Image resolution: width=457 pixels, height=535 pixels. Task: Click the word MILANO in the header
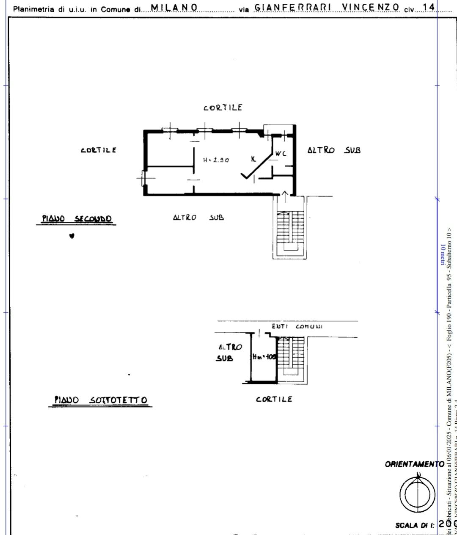(174, 7)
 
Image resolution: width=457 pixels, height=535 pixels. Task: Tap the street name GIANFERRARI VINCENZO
(327, 7)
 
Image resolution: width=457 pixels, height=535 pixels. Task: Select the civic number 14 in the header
(429, 7)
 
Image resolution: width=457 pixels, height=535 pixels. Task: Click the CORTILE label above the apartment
(223, 108)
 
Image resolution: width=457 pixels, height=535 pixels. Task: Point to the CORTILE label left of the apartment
(99, 150)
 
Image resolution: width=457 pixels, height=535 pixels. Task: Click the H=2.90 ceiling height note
(216, 160)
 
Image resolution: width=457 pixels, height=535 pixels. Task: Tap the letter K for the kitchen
(253, 159)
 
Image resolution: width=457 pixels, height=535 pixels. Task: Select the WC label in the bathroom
(281, 154)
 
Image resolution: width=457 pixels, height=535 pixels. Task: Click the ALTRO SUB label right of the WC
(334, 150)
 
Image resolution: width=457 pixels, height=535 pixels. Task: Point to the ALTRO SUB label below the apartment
(198, 218)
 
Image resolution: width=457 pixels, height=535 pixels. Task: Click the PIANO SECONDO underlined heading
(77, 219)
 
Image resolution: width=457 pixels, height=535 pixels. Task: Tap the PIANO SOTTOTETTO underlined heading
(101, 400)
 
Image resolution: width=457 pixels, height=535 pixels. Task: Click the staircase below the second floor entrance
(290, 229)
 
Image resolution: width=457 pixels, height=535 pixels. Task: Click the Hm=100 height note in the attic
(264, 357)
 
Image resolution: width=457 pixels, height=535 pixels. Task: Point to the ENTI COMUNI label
(297, 326)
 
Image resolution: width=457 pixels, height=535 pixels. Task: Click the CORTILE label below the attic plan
(274, 399)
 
